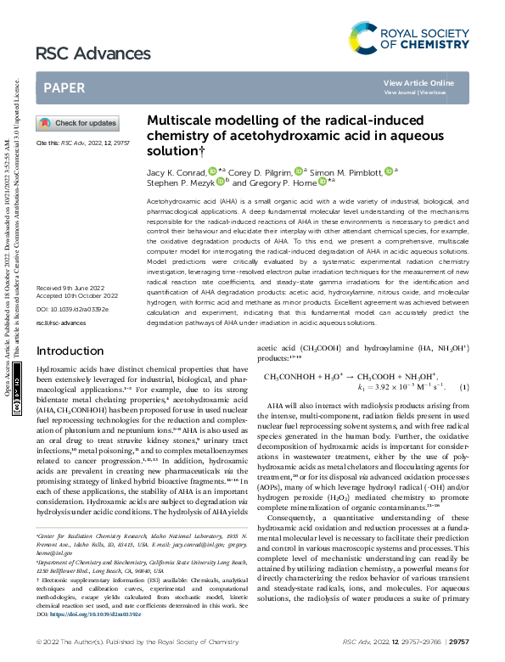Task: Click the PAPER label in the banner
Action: [x=64, y=87]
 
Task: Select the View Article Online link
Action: [x=418, y=82]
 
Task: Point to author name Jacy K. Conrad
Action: [x=177, y=171]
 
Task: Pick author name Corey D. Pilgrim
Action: [x=260, y=171]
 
